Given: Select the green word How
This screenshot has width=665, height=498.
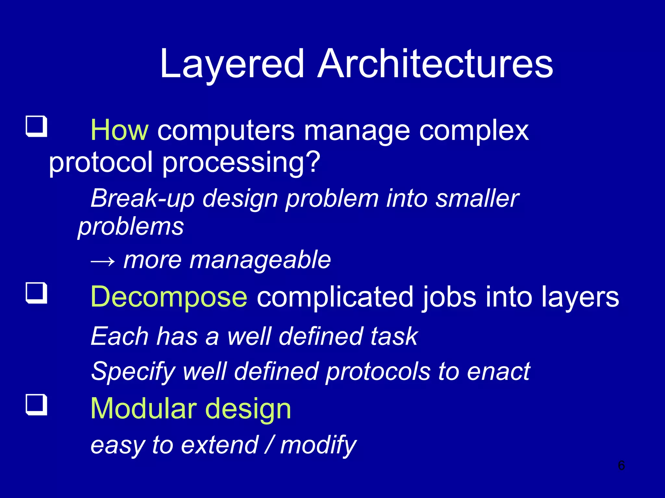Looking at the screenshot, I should [x=119, y=130].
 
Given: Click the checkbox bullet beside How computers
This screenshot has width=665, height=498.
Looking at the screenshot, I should [x=36, y=126].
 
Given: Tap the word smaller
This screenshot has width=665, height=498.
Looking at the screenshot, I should [x=477, y=198].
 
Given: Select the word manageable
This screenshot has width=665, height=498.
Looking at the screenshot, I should [x=260, y=260].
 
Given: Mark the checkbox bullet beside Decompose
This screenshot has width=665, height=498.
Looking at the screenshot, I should [x=36, y=293].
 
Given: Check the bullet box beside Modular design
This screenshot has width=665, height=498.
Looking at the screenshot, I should [x=36, y=404].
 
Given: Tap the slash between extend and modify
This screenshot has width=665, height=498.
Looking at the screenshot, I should [x=269, y=445].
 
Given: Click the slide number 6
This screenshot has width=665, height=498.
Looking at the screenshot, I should [x=621, y=466].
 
